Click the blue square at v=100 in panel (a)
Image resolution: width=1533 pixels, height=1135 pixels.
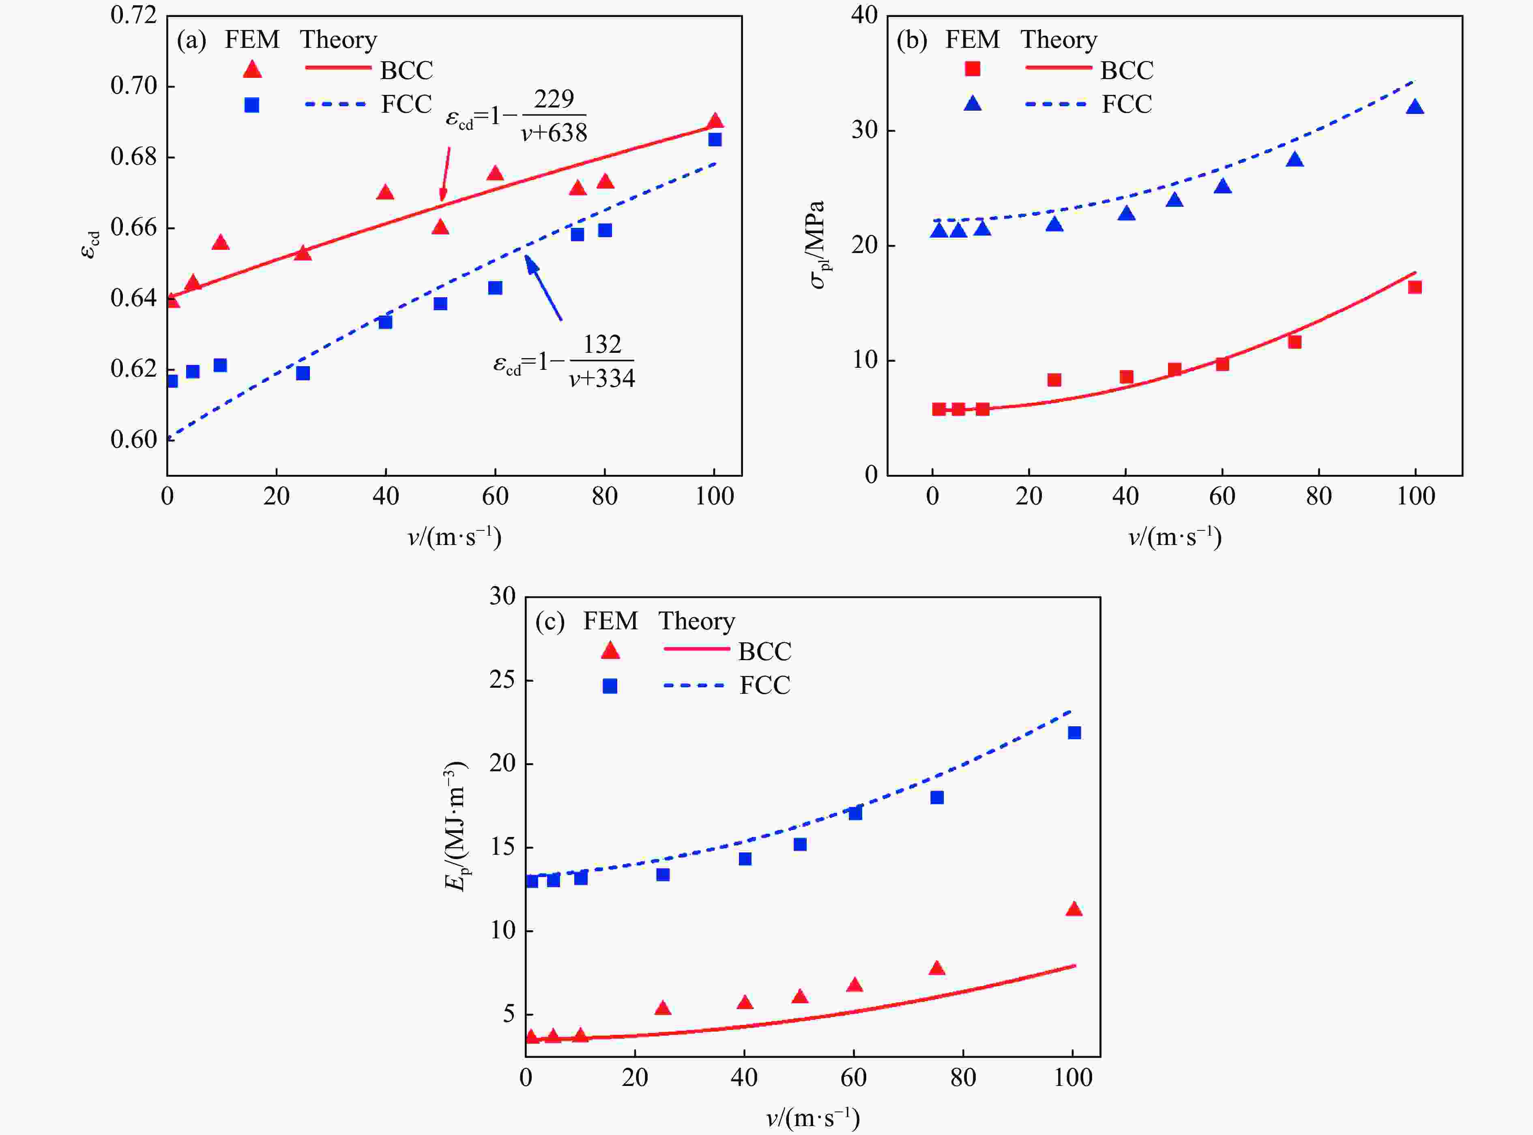click(715, 139)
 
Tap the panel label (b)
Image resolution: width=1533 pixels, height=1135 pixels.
click(912, 40)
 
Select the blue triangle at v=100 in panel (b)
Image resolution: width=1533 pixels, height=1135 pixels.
click(1414, 107)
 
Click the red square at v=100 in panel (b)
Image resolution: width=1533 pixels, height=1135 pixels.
click(1414, 287)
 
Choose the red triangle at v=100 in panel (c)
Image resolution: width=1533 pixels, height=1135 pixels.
click(1074, 910)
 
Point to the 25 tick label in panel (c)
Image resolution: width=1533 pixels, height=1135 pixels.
click(502, 680)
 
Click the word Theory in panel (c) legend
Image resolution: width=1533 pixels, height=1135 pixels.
click(697, 621)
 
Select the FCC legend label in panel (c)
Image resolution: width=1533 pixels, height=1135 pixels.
click(764, 685)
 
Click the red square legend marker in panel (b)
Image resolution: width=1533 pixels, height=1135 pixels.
click(972, 69)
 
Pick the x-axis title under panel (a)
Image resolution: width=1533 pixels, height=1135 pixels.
click(454, 536)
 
